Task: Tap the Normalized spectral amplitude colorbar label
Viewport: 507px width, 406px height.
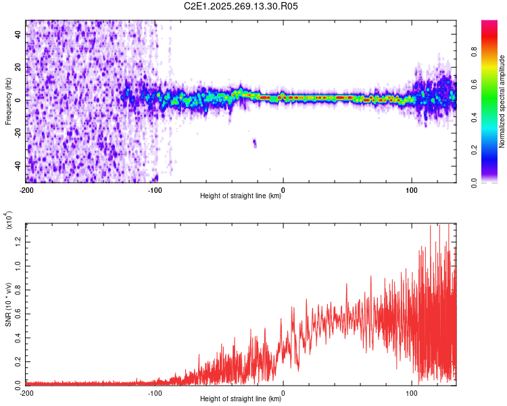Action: [x=502, y=101]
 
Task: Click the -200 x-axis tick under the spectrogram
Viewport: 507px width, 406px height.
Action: [x=26, y=190]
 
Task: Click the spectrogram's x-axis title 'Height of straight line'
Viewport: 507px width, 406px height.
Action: [x=241, y=196]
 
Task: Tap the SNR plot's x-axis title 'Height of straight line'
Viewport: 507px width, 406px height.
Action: [x=241, y=399]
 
